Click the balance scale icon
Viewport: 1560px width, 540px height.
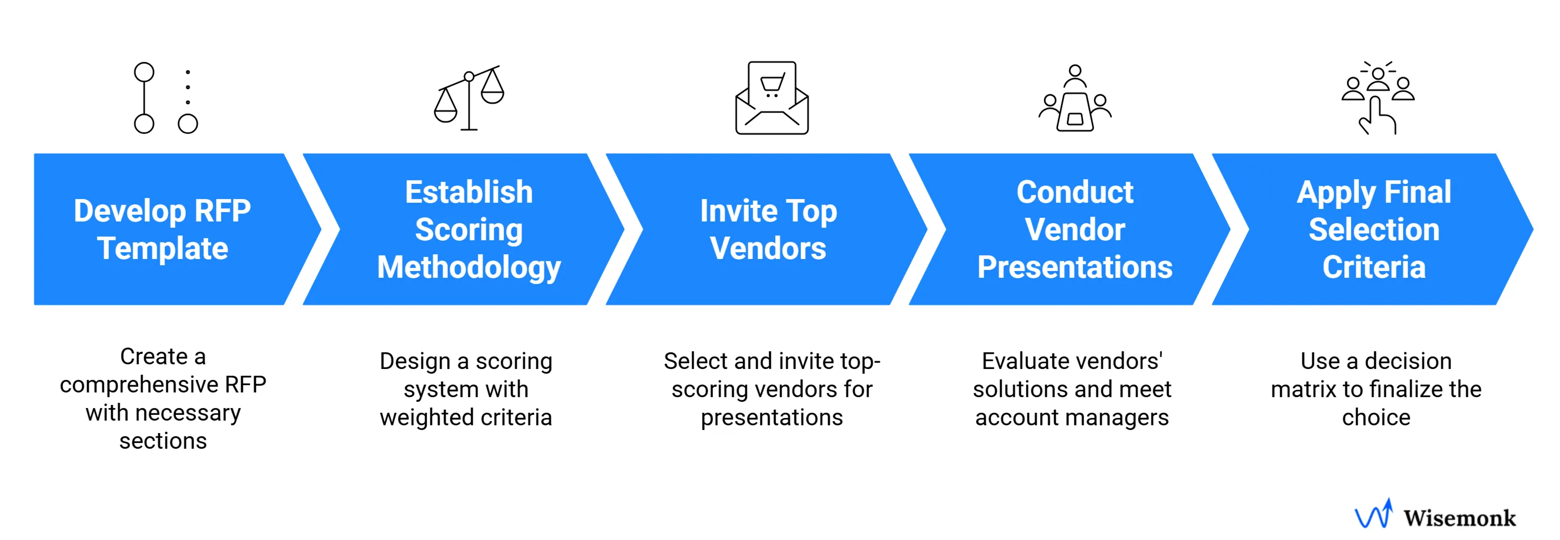point(469,98)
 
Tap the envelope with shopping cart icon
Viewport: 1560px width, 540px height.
point(772,98)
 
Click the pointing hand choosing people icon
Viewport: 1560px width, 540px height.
point(1378,98)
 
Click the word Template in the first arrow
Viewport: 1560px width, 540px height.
point(162,249)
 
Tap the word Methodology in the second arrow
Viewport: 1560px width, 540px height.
point(469,267)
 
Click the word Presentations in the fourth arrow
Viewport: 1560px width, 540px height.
point(1075,267)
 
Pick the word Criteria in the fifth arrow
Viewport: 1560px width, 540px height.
point(1374,267)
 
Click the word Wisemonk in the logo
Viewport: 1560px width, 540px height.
point(1460,518)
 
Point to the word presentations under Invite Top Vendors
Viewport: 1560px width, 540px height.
point(772,418)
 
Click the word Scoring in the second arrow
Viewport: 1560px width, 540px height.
point(469,230)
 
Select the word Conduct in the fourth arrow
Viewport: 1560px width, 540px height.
point(1075,192)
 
